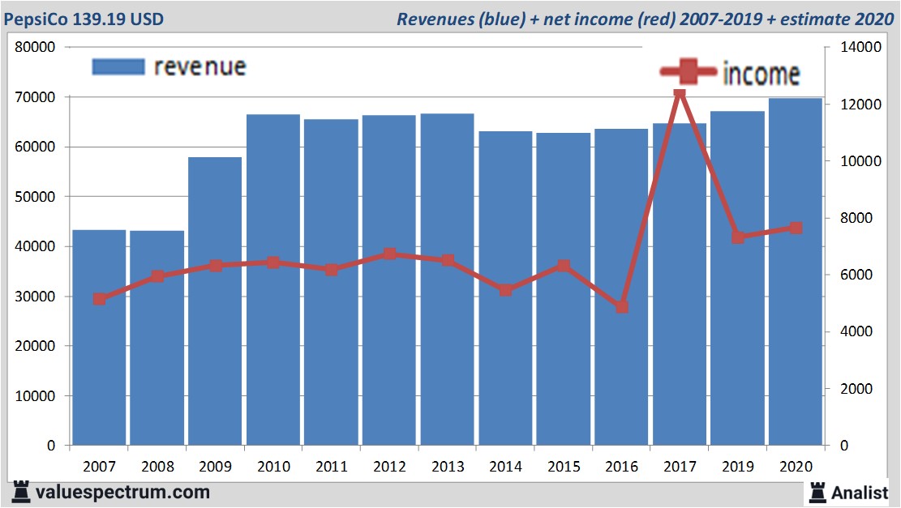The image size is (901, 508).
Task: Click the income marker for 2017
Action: (x=680, y=94)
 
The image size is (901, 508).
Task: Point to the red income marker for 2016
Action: (x=622, y=307)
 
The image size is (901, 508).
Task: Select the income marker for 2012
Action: (x=389, y=254)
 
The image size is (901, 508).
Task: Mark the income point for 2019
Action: (x=738, y=237)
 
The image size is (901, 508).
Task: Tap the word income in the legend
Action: (x=761, y=75)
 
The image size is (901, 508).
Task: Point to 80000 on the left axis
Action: (x=36, y=47)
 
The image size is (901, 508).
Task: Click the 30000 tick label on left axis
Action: (x=36, y=297)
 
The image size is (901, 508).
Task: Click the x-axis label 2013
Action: (x=448, y=467)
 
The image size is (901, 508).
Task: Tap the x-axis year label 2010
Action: (x=273, y=467)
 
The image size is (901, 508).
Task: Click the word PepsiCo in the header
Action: (x=36, y=19)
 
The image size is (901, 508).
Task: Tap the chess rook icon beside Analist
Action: (x=817, y=491)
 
